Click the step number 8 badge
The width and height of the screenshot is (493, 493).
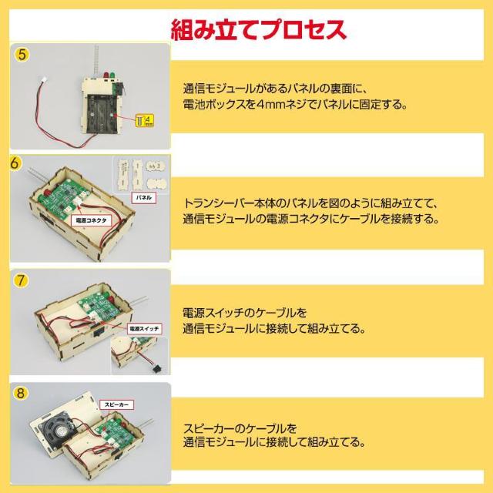click(x=22, y=392)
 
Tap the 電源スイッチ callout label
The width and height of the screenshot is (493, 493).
click(x=144, y=328)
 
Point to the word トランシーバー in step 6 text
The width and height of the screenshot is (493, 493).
click(x=223, y=203)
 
